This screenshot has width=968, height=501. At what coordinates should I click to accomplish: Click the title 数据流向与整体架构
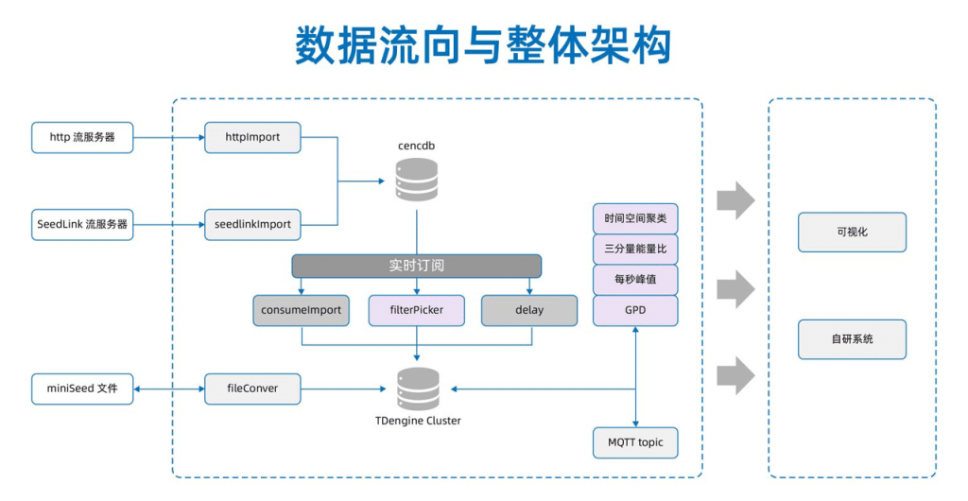483,45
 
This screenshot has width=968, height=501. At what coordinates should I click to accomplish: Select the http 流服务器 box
82,137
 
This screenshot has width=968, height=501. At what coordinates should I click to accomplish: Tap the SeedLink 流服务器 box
82,224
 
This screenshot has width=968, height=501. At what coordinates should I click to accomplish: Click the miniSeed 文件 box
82,389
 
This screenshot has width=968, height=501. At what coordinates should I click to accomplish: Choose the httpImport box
252,137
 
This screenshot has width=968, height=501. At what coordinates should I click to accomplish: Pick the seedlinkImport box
252,224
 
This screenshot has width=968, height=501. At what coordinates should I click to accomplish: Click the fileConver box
252,389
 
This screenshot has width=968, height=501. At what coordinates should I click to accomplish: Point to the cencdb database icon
417,179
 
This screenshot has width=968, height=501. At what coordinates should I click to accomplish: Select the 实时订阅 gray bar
416,266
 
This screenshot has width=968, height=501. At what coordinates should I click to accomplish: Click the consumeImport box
301,310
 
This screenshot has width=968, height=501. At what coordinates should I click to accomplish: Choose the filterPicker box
416,310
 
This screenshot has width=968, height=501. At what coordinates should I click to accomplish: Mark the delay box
529,310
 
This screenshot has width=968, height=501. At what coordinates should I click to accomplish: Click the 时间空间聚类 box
635,219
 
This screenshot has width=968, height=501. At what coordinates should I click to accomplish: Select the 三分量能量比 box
635,250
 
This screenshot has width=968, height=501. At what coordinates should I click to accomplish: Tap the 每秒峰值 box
635,280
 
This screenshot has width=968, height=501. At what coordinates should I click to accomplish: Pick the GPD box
635,310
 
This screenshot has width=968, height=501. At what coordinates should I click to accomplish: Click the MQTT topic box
635,442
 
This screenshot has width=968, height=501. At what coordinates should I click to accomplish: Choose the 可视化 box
852,232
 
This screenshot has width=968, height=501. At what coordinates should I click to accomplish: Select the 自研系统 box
852,339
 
